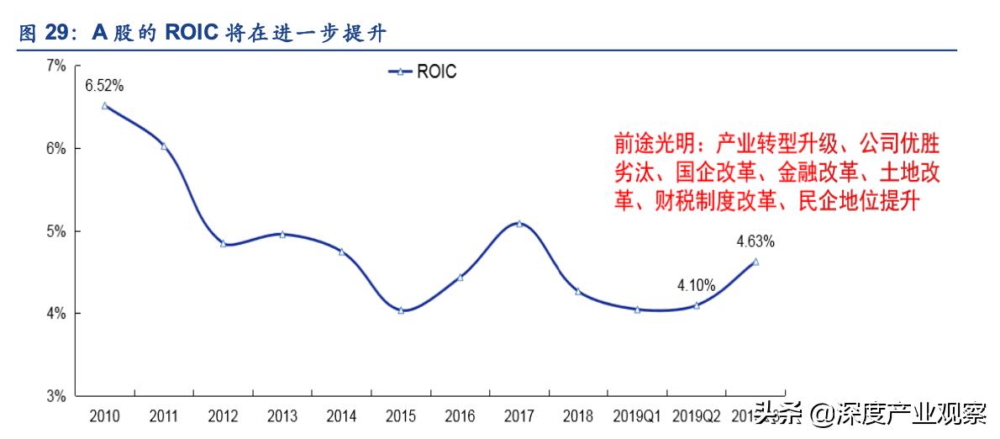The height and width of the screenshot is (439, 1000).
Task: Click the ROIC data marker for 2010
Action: (105, 106)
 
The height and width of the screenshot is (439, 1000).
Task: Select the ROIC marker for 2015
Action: (401, 310)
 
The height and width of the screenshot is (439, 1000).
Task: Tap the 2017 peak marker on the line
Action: (519, 224)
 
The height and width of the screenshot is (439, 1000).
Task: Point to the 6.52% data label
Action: (104, 85)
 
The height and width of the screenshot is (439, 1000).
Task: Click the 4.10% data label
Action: (696, 286)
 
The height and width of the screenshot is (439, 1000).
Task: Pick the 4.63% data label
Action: (755, 242)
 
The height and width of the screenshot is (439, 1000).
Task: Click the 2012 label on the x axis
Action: (223, 416)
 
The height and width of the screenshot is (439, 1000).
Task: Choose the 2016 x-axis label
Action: (460, 416)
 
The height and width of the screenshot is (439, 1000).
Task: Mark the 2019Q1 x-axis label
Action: (637, 416)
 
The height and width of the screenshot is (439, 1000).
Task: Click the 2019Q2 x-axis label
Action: (696, 416)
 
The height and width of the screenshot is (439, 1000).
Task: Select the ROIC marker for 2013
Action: (282, 235)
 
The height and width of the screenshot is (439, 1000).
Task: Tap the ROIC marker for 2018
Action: (578, 291)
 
